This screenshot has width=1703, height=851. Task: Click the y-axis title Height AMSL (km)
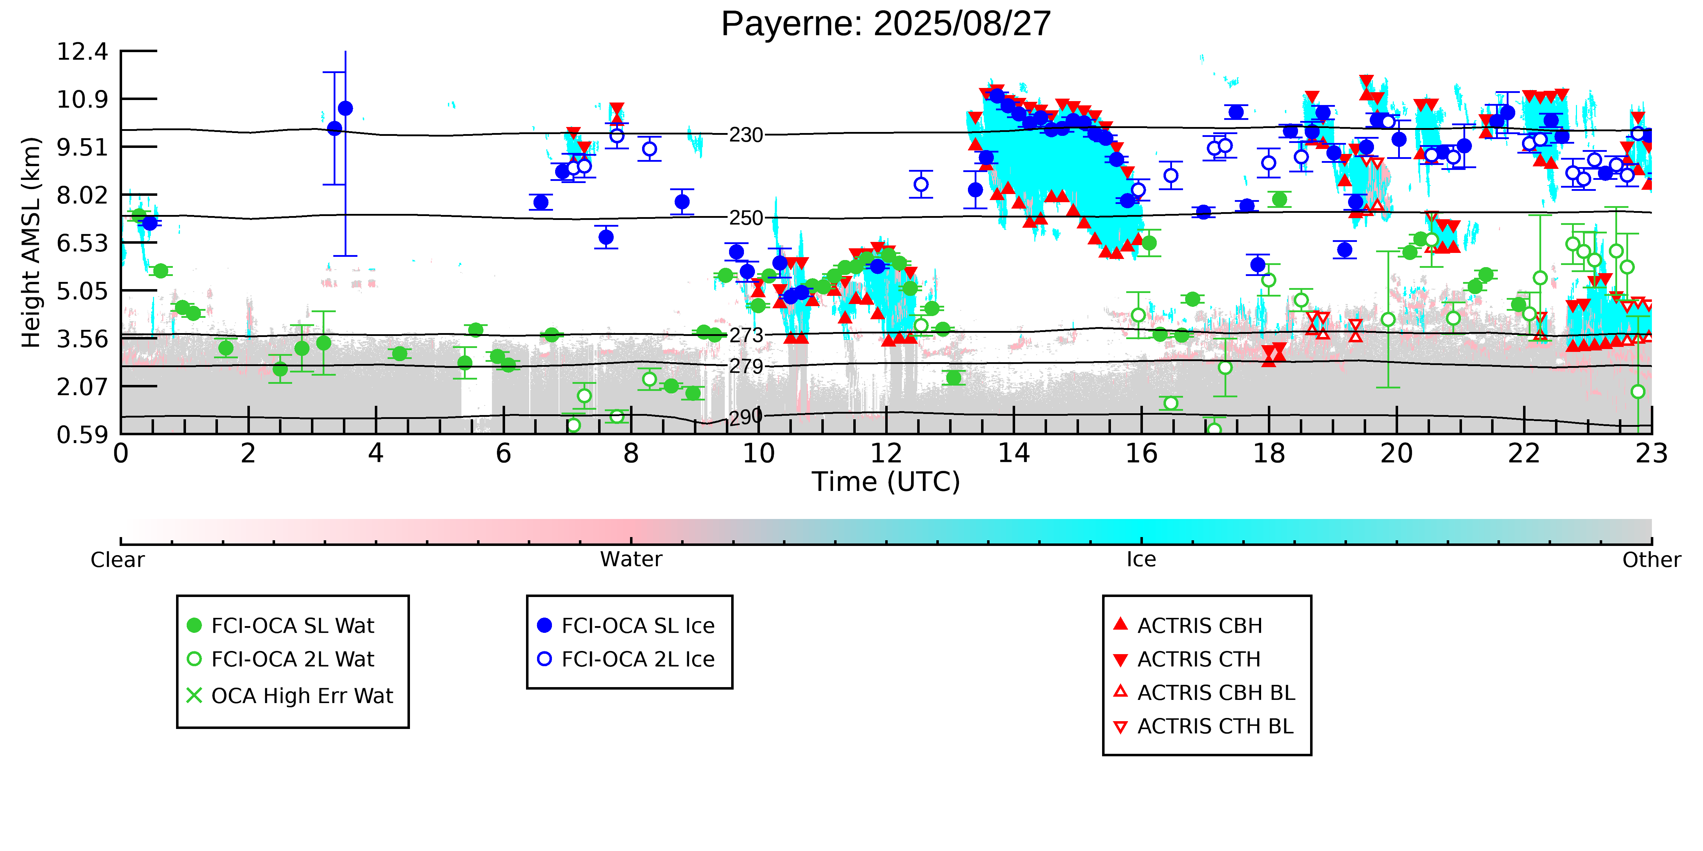(31, 243)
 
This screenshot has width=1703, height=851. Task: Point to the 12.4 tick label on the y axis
(82, 51)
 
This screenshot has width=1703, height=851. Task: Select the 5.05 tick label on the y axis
(82, 291)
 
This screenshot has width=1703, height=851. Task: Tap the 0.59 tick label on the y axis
(82, 435)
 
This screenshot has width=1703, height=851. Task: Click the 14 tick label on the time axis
(1013, 454)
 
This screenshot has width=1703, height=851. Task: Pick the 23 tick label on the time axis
(1651, 454)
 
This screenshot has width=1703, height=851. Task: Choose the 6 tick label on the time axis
(503, 454)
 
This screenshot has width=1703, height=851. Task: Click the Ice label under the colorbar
(1141, 560)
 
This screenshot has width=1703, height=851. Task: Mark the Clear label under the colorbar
(118, 560)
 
